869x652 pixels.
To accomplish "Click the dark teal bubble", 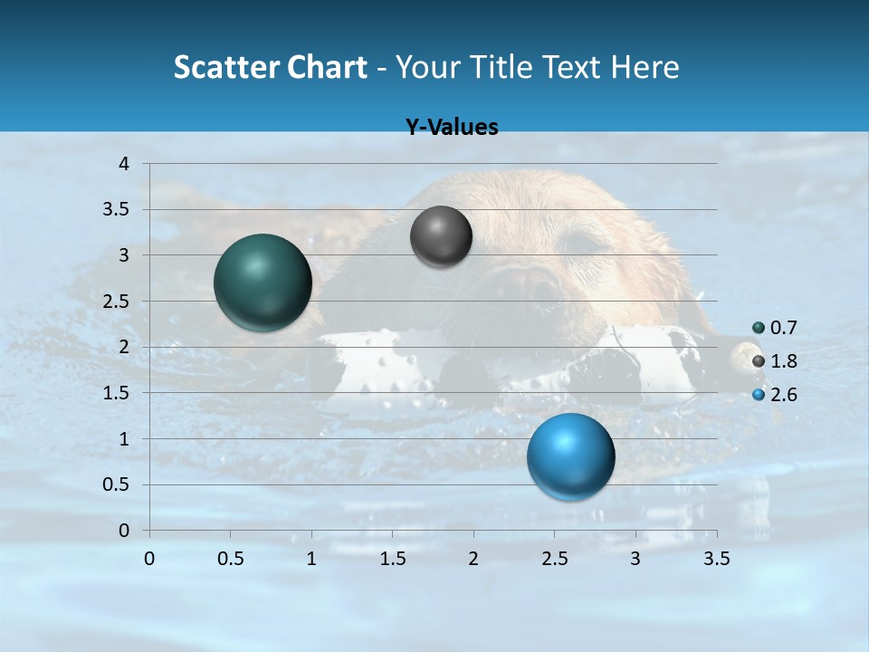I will tap(263, 283).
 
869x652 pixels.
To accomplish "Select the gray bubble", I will tap(441, 236).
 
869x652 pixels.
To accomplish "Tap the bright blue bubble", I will tap(570, 456).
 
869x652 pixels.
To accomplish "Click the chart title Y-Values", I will tap(452, 128).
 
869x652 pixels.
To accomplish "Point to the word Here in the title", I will tap(644, 67).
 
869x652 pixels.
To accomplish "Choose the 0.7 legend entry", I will tap(775, 328).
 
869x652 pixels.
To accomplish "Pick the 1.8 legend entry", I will tap(775, 361).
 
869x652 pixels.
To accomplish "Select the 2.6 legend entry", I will tap(775, 395).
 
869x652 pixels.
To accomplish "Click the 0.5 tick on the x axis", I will tap(230, 559).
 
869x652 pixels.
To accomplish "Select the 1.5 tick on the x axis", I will tap(393, 559).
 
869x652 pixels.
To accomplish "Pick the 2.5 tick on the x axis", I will tap(555, 559).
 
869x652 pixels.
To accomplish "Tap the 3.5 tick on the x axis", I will tap(717, 559).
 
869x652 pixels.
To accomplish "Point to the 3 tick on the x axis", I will tap(635, 559).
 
